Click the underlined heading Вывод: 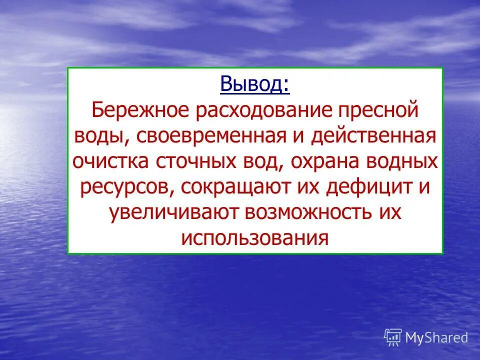[254, 83]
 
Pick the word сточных [196, 161]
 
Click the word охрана [315, 161]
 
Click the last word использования [255, 238]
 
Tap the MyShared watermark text [436, 337]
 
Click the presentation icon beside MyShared [393, 337]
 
